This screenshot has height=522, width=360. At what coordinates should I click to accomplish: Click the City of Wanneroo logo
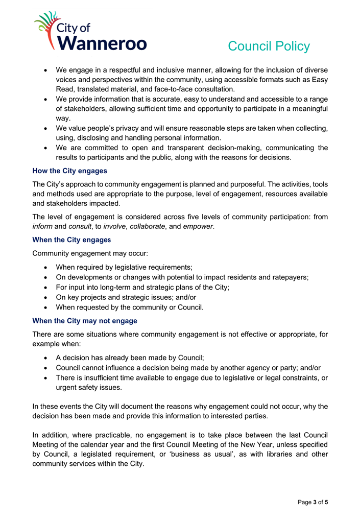tap(90, 31)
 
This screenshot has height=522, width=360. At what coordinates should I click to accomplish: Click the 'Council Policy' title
tap(269, 46)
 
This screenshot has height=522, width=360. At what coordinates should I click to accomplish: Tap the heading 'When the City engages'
tap(71, 239)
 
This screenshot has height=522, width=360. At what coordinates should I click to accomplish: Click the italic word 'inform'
tap(42, 226)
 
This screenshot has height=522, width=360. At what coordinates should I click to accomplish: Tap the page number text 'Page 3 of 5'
tap(313, 502)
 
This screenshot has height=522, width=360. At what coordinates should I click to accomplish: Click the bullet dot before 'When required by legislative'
tap(46, 267)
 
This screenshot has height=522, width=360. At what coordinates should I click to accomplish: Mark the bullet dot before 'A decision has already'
tap(46, 359)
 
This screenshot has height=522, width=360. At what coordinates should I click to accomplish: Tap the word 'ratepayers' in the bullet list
tap(290, 277)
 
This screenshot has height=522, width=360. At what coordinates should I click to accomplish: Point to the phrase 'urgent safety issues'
tap(89, 388)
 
